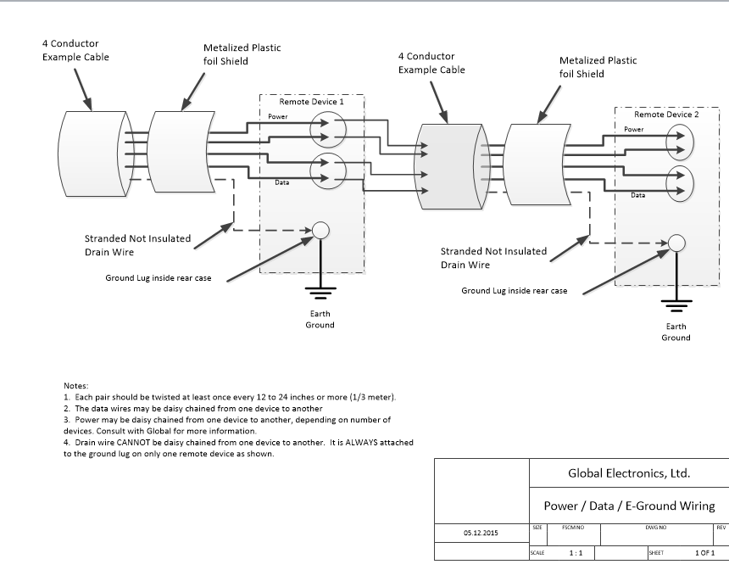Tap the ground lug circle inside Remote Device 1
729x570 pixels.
[x=320, y=231]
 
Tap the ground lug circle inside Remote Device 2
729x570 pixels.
[x=676, y=243]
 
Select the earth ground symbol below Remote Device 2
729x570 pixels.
[x=676, y=308]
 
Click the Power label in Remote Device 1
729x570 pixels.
[x=277, y=115]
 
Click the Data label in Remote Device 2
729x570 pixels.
[x=637, y=195]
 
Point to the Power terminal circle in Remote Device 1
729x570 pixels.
[x=322, y=129]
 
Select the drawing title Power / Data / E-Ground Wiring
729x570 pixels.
[x=629, y=506]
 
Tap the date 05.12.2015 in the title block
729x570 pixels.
[x=481, y=534]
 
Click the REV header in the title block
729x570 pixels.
[x=721, y=527]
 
